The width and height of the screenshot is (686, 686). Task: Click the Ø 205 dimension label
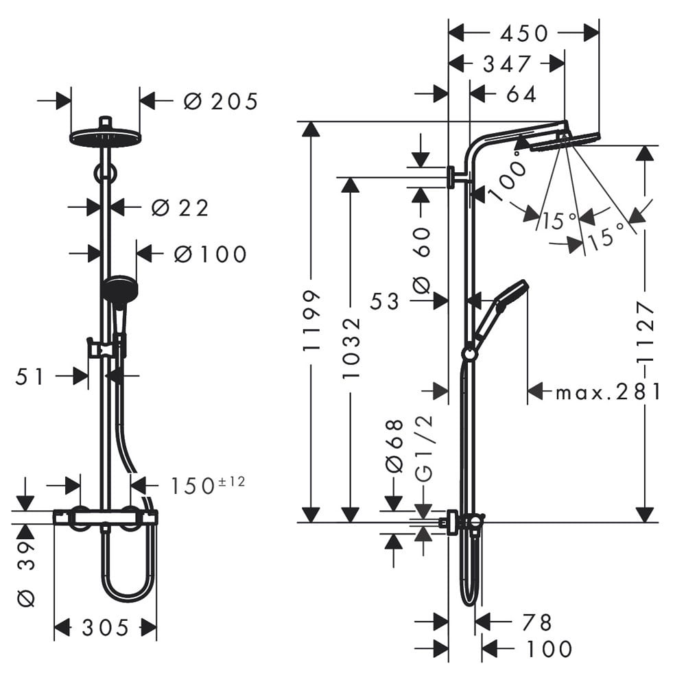click(x=221, y=102)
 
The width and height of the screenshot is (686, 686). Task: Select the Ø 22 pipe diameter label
click(x=180, y=208)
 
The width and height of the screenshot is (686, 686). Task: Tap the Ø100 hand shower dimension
click(x=211, y=255)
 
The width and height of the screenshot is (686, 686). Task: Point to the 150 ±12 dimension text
click(x=207, y=485)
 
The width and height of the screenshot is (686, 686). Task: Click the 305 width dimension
click(x=106, y=628)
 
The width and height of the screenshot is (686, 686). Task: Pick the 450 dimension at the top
click(x=524, y=34)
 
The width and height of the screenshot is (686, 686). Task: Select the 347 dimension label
click(x=507, y=64)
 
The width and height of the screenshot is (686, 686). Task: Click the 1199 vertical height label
click(x=311, y=320)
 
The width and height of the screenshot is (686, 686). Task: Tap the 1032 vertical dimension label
click(x=351, y=348)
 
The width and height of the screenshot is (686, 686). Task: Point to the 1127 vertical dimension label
click(x=646, y=331)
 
